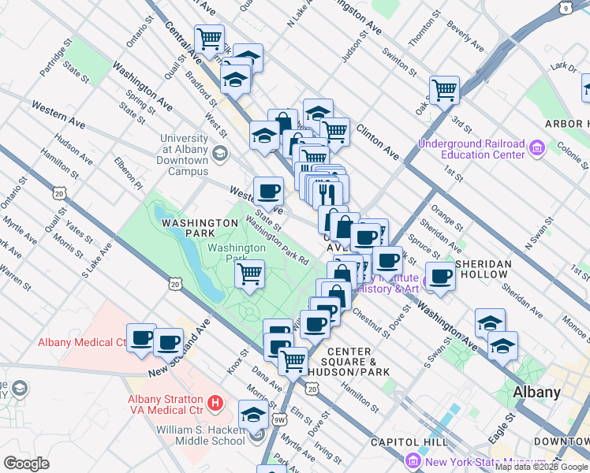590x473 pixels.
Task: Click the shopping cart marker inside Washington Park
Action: [x=249, y=274]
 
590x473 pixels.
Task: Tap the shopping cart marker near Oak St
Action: [x=444, y=90]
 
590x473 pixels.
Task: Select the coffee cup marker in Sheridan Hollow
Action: [x=440, y=275]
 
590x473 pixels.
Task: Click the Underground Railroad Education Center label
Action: [x=471, y=149]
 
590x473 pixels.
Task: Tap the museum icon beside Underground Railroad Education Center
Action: [x=537, y=147]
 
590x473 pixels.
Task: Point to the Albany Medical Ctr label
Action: [x=82, y=342]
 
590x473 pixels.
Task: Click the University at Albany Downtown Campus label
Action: [x=184, y=155]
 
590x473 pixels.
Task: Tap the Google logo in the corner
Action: [x=26, y=463]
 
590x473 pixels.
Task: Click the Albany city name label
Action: [x=536, y=392]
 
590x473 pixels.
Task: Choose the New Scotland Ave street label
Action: [x=180, y=348]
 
